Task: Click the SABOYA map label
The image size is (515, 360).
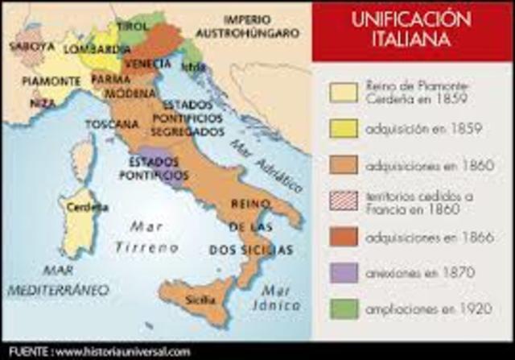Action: [x=31, y=46]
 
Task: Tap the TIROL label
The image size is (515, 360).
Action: [x=131, y=25]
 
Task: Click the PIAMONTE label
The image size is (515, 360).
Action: [x=50, y=81]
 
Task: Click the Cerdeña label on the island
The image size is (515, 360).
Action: [x=87, y=206]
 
